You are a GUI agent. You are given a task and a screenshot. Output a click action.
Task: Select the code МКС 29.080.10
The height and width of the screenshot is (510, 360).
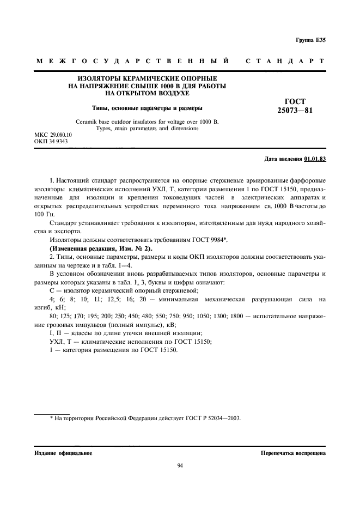[x=53, y=134]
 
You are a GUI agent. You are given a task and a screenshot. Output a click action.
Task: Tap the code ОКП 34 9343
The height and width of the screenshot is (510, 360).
[x=51, y=141]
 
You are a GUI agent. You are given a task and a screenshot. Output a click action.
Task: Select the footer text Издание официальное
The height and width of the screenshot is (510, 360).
[x=63, y=453]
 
